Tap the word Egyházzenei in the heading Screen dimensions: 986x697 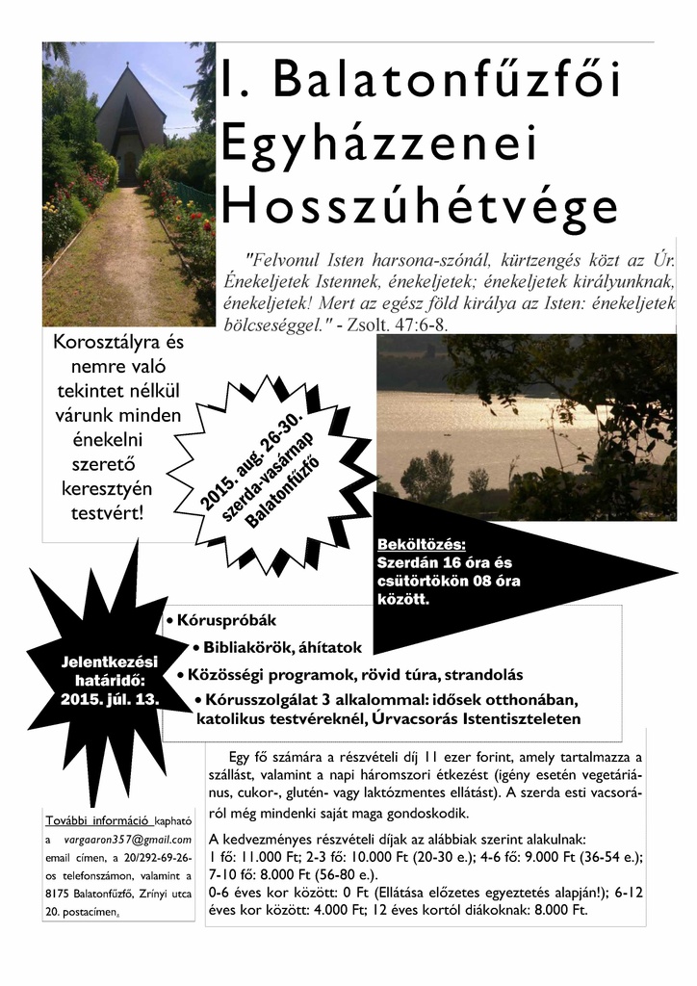click(376, 144)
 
